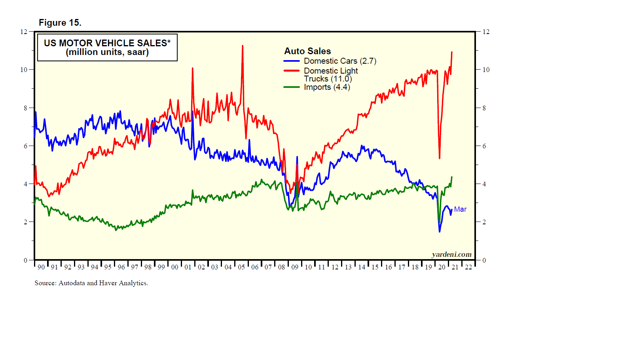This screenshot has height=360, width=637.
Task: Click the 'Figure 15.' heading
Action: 60,23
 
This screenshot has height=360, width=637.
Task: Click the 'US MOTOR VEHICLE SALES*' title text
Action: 107,43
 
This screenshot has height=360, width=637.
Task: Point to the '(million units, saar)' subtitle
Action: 107,52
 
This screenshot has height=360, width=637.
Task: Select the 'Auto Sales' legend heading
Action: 307,51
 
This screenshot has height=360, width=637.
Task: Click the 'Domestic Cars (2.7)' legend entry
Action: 340,61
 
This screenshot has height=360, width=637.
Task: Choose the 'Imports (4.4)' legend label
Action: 327,87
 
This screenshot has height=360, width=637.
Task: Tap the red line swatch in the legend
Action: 292,71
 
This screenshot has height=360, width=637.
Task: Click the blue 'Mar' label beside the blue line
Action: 460,209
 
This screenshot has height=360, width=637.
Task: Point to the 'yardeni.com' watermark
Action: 451,254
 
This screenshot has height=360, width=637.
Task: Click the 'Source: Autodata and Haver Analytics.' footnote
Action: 91,283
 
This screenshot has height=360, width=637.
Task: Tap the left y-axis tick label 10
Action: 24,70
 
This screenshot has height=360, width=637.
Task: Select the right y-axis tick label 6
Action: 484,146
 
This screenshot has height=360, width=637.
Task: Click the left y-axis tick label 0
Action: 25,260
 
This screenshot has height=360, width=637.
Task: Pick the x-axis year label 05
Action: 241,267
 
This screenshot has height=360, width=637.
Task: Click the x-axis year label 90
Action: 41,267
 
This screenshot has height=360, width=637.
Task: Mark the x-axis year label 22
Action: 468,267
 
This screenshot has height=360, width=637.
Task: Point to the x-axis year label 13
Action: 348,267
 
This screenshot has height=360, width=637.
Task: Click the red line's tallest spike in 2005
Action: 243,46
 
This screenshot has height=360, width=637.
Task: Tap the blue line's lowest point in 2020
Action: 440,231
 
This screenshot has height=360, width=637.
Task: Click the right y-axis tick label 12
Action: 486,32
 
